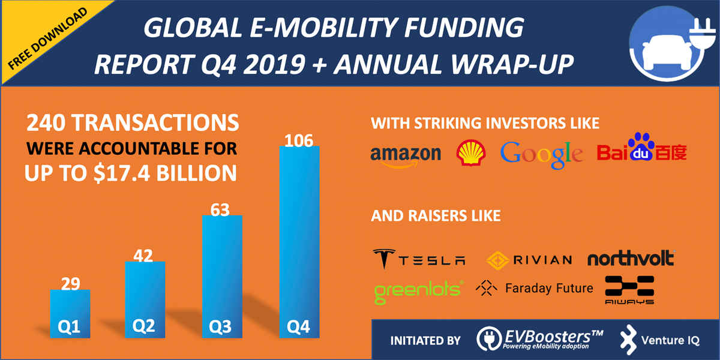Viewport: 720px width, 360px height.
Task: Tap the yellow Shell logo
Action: click(x=470, y=153)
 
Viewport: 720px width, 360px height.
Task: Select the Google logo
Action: click(x=541, y=153)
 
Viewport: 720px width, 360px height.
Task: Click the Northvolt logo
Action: click(x=631, y=259)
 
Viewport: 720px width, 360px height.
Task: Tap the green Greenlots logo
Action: click(x=418, y=290)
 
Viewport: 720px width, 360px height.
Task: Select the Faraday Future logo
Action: click(x=534, y=289)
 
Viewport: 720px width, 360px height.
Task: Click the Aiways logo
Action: click(x=629, y=290)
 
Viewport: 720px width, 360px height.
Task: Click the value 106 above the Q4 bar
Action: click(x=300, y=141)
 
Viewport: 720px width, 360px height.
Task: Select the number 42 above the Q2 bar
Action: click(x=145, y=255)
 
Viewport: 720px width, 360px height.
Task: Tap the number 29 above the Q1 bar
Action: click(x=70, y=283)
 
